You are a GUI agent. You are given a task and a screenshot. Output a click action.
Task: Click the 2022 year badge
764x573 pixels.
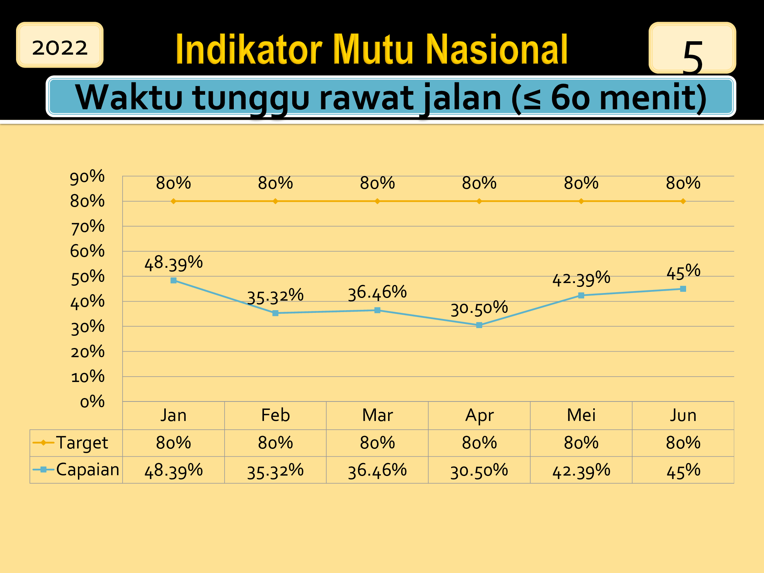click(60, 45)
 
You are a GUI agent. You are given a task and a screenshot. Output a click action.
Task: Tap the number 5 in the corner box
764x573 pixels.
click(692, 57)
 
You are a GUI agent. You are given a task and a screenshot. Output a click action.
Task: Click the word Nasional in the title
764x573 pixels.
click(497, 49)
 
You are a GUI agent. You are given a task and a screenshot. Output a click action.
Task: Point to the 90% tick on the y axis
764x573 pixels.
click(87, 177)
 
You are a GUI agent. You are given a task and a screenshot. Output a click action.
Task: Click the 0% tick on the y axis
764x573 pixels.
click(92, 401)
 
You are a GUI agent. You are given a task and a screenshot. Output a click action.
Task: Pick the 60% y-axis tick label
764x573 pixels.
click(87, 251)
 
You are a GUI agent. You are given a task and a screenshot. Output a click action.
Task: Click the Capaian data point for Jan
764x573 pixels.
click(173, 280)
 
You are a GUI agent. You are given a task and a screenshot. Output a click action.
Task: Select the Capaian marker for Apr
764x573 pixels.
click(479, 325)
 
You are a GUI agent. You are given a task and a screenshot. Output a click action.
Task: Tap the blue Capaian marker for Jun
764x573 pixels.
click(683, 289)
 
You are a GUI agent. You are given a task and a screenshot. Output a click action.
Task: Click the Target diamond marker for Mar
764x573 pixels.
click(377, 201)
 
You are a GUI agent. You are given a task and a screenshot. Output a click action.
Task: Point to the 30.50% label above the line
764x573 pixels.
click(479, 308)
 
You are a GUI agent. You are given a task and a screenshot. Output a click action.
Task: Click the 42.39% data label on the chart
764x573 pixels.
click(581, 278)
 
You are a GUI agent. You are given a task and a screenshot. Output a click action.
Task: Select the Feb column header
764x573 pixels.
click(275, 415)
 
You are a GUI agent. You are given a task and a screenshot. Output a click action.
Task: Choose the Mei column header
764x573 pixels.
click(581, 415)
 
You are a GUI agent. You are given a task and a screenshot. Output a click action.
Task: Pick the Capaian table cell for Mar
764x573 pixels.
click(377, 470)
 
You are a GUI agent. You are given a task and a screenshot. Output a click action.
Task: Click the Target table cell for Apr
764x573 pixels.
click(479, 443)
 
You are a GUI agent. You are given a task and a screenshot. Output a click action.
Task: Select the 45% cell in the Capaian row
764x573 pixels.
click(683, 471)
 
